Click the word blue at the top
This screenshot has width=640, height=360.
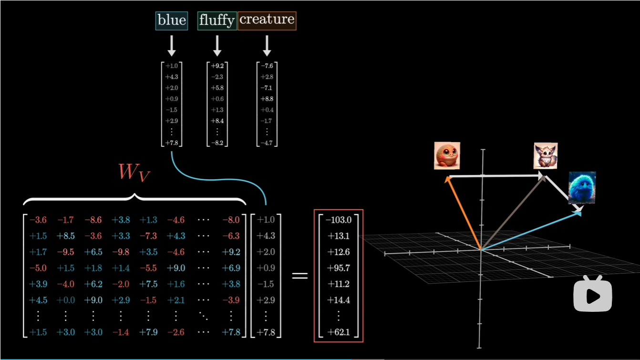(x=171, y=21)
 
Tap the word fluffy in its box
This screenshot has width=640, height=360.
(x=217, y=21)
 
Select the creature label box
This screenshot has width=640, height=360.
(x=267, y=21)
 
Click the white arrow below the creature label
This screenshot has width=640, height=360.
(x=267, y=46)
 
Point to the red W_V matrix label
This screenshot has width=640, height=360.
(x=134, y=172)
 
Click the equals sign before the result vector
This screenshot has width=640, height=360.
(x=299, y=276)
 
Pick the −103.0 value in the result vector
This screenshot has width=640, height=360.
(x=338, y=219)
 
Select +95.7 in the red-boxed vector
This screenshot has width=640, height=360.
(x=338, y=267)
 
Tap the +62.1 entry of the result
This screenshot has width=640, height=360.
(x=338, y=332)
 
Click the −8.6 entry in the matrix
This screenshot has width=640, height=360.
(x=93, y=220)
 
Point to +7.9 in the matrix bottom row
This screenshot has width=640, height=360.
(x=148, y=332)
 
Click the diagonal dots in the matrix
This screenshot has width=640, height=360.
(x=204, y=316)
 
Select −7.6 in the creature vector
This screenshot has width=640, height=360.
(x=267, y=66)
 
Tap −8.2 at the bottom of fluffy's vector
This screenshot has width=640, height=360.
(x=217, y=142)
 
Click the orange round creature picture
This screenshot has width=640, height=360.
(x=447, y=155)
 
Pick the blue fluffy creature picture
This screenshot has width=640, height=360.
(x=582, y=188)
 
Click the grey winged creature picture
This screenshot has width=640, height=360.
(x=545, y=155)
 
